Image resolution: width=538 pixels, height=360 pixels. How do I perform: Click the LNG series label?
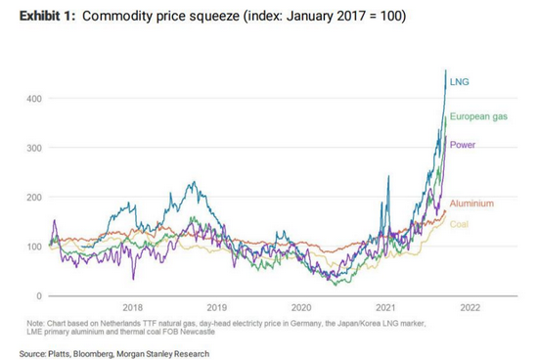click(x=459, y=82)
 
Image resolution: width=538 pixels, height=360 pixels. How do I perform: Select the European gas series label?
click(x=478, y=116)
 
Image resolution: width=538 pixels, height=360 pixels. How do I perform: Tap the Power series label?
click(x=462, y=145)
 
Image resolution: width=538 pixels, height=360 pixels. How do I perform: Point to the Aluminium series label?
click(x=471, y=203)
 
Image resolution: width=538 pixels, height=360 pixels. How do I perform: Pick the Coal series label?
click(x=459, y=224)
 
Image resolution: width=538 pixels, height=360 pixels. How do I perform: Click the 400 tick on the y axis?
click(x=34, y=99)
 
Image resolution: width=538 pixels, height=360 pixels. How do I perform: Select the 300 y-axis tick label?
click(x=34, y=148)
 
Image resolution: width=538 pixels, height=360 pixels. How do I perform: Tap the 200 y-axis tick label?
click(x=34, y=198)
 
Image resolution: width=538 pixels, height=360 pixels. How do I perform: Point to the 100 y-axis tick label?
click(x=34, y=247)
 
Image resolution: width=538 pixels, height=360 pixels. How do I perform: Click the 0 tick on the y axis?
click(x=39, y=295)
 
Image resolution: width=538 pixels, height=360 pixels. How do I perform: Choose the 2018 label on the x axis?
click(x=132, y=307)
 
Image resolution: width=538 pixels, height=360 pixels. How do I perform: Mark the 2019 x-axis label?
click(x=217, y=307)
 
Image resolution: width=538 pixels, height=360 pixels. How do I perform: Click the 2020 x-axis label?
click(x=301, y=307)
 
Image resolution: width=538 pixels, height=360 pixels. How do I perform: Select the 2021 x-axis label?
click(x=385, y=307)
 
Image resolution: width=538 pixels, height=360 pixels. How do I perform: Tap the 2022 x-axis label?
click(x=471, y=307)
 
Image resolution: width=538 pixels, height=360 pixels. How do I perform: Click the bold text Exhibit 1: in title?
click(x=47, y=16)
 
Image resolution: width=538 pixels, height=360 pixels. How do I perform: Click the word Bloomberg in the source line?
click(x=93, y=354)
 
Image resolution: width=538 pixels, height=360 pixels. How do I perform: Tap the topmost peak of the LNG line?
click(x=446, y=70)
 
